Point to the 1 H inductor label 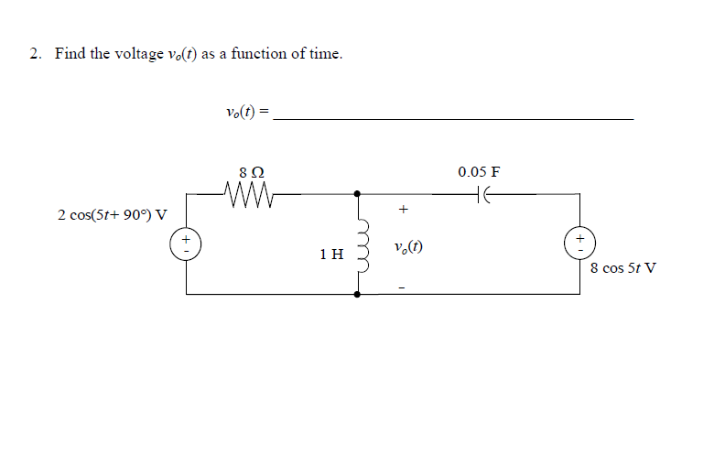pos(331,254)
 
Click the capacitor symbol pos(484,193)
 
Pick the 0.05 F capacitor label pos(479,171)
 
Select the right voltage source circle pos(579,244)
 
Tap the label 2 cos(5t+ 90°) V pos(112,215)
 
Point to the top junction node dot pos(358,193)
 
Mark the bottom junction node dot pos(358,294)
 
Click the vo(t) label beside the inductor pos(406,247)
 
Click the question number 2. pos(34,54)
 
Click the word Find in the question pos(70,54)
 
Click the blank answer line pos(453,119)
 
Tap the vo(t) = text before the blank pos(246,112)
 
